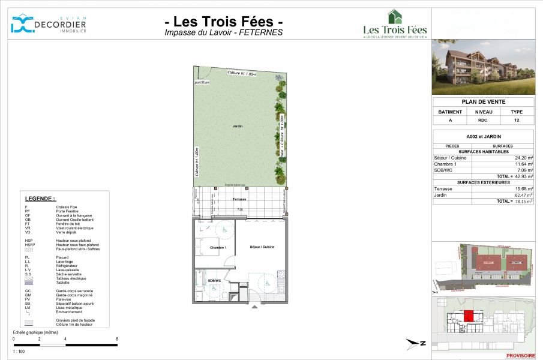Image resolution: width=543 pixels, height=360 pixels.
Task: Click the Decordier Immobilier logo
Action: coord(48,23)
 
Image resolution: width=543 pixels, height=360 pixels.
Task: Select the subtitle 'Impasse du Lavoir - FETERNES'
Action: coord(224,33)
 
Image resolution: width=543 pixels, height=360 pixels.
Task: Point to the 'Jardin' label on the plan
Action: coord(238,126)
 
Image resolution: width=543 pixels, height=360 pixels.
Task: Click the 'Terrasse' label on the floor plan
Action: coord(240,199)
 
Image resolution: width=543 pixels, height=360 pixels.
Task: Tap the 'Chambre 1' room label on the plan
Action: coord(217,247)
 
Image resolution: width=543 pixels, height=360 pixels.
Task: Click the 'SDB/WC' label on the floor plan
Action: coord(215,280)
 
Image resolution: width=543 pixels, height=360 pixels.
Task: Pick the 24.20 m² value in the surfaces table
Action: coord(523,158)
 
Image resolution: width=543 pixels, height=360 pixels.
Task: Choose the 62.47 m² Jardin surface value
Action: coord(523,195)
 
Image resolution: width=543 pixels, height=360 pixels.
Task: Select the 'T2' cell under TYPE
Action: coord(516,120)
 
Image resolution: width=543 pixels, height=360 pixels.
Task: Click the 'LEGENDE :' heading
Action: coord(40,198)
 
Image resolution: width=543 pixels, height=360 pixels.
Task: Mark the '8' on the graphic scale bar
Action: coord(116,339)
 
